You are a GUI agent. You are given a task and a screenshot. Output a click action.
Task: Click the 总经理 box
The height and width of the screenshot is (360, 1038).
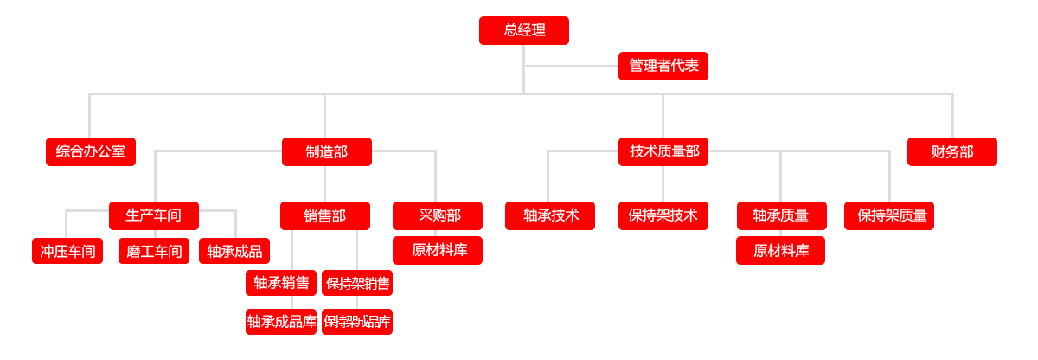[x=523, y=30]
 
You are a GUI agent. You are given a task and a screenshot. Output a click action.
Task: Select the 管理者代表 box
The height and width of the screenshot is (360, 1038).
[x=663, y=66]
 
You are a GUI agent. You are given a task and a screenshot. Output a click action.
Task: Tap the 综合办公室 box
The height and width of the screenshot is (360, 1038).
[x=90, y=151]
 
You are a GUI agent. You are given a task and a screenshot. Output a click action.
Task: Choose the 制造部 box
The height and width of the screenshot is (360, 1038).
[x=326, y=151]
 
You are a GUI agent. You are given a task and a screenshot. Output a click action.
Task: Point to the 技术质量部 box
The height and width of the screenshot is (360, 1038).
[x=663, y=151]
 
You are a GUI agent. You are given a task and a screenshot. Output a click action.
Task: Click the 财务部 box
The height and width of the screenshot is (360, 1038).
[x=951, y=151]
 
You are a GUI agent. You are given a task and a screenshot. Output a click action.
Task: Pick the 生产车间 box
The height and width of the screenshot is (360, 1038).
[x=153, y=215]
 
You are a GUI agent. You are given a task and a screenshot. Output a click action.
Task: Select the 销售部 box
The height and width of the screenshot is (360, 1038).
[x=324, y=215]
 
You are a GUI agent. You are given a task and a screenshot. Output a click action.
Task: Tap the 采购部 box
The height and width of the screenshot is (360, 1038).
[x=437, y=215]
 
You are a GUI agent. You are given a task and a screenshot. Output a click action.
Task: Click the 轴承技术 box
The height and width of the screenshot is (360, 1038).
[x=549, y=215]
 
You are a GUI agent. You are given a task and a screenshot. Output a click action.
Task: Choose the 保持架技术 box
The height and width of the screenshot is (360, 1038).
[x=663, y=215]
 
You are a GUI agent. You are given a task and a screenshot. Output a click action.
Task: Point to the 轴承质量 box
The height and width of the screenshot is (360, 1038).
[x=781, y=215]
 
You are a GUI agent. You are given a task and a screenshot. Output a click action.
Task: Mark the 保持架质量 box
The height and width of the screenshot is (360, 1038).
[x=888, y=215]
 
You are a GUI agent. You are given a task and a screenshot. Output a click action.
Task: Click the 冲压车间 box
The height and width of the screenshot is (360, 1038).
[x=67, y=251]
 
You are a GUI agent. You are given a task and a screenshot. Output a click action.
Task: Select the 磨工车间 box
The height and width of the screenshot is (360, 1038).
[x=153, y=251]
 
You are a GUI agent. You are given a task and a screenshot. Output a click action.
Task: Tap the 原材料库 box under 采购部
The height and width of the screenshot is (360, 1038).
[x=437, y=250]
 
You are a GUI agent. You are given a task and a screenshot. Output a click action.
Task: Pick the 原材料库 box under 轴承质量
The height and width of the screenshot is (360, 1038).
[x=780, y=250]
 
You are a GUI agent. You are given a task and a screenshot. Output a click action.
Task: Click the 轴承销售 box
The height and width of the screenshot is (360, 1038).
[x=280, y=283]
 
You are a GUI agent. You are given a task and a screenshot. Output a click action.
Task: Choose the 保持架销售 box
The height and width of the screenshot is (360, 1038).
[x=356, y=283]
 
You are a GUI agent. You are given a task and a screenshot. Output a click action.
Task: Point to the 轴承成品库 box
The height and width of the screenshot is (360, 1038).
[x=280, y=322]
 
